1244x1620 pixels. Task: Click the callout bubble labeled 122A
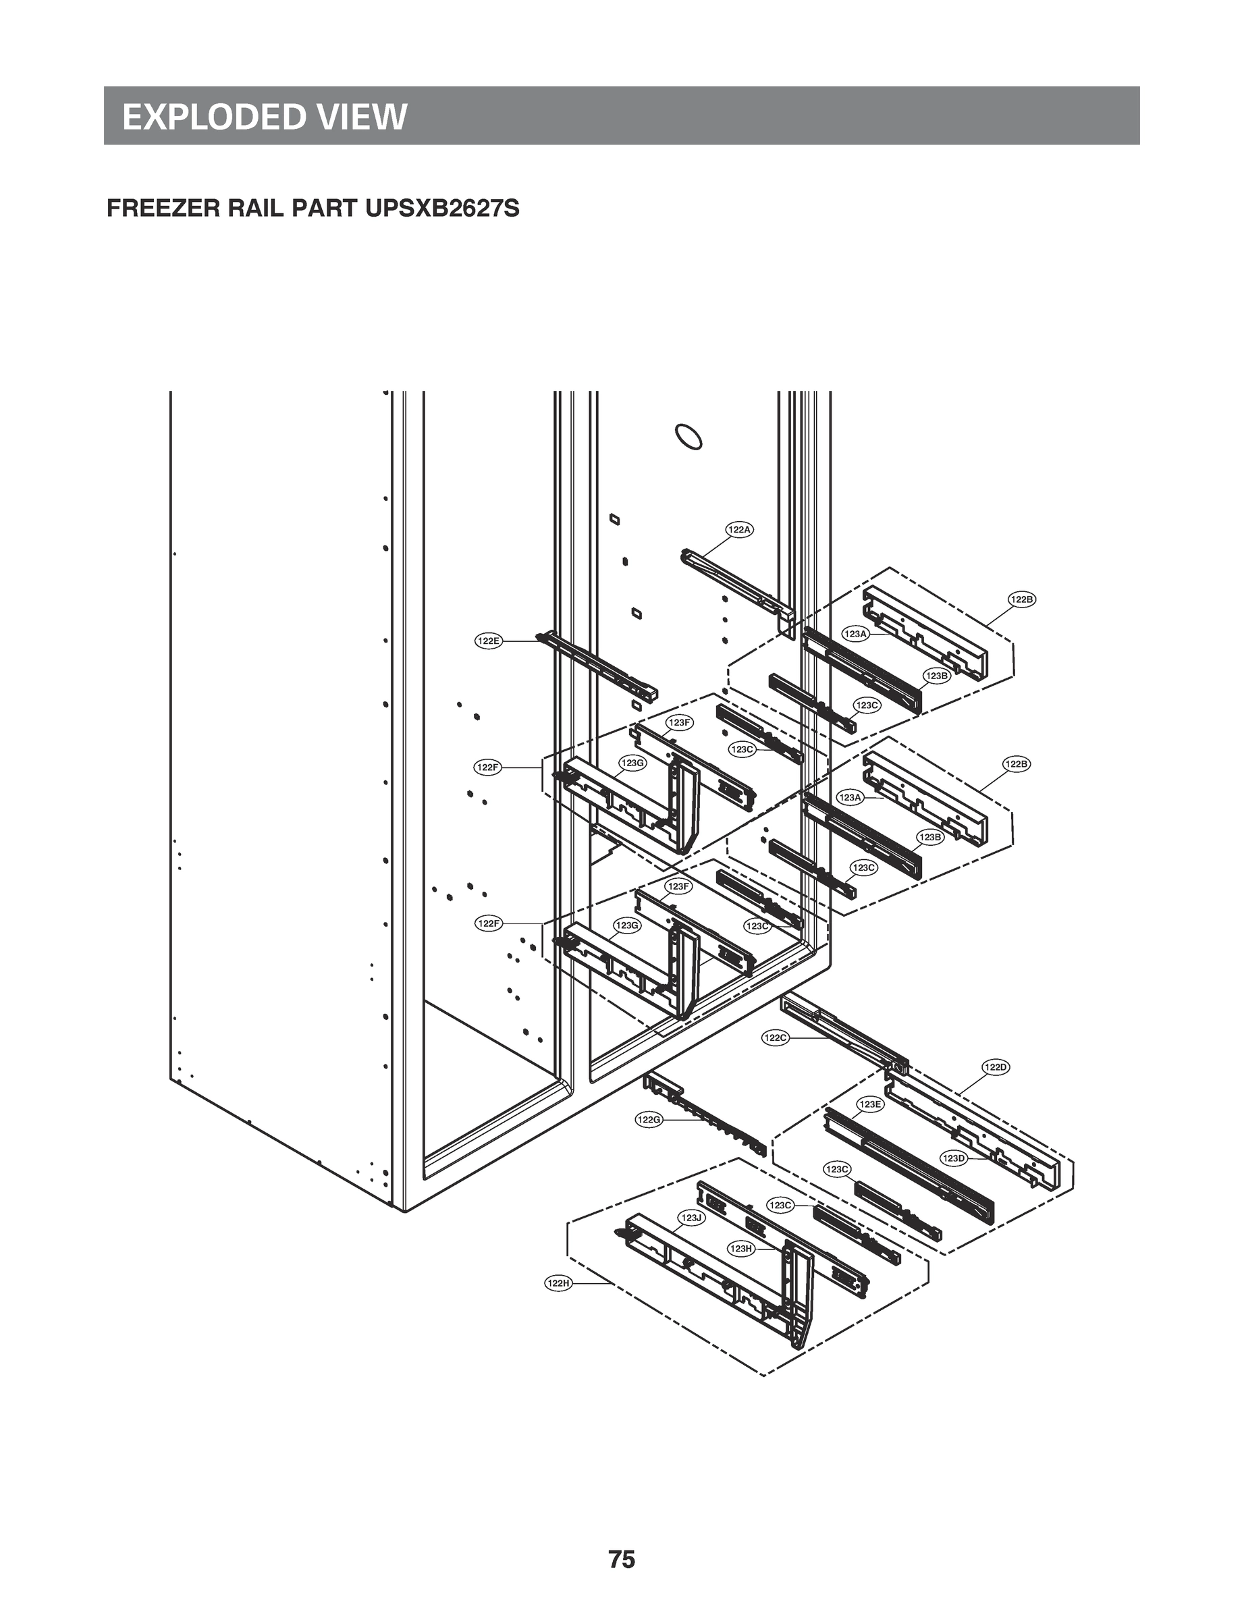click(739, 529)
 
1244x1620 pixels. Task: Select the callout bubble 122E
click(488, 641)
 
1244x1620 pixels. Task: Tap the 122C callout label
click(776, 1038)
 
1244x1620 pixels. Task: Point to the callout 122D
click(995, 1067)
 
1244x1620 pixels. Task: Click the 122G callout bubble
click(649, 1120)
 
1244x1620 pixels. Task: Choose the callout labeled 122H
click(558, 1283)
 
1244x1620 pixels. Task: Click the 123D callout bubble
click(954, 1158)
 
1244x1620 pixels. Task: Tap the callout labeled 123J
click(691, 1218)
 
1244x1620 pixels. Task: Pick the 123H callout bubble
click(740, 1248)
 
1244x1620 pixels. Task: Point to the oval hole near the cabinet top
click(688, 437)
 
